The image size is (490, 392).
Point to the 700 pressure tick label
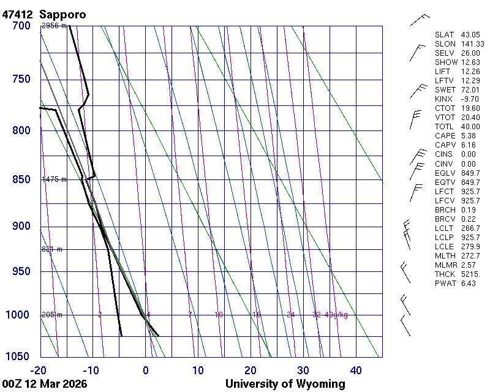coord(21,26)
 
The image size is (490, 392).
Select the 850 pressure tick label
coord(21,179)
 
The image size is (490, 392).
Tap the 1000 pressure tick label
coord(18,315)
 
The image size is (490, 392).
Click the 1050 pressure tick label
coord(18,356)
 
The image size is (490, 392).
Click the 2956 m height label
coord(54,26)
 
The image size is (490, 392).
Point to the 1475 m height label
coord(54,179)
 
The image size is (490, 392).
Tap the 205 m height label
coord(52,315)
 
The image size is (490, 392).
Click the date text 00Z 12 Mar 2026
coord(44,384)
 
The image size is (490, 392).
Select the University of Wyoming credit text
coord(285,384)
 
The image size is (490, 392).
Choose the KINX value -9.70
coord(470,99)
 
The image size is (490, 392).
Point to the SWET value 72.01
coord(470,90)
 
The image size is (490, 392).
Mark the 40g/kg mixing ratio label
coord(336,315)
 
